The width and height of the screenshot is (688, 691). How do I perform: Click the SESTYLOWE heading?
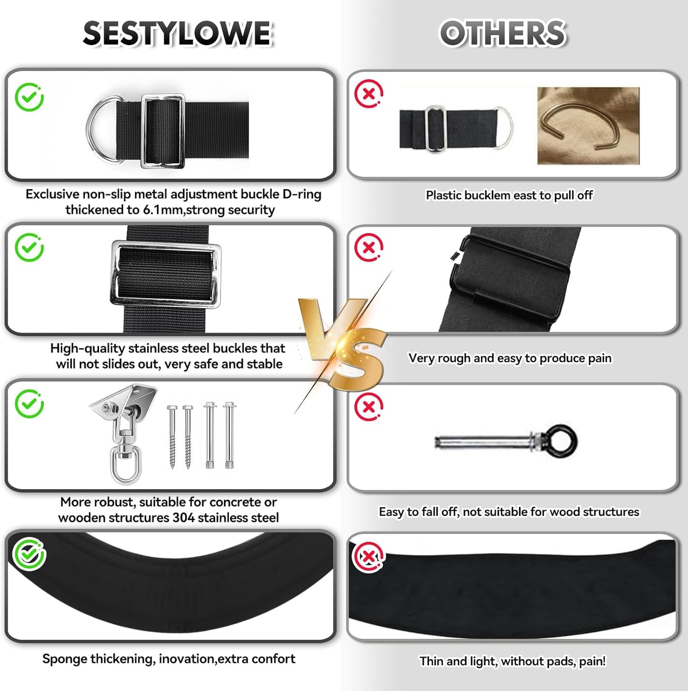(177, 34)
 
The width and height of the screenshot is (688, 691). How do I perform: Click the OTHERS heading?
(502, 34)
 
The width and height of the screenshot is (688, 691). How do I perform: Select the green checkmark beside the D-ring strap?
(30, 97)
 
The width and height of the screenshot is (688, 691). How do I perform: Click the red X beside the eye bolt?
(369, 407)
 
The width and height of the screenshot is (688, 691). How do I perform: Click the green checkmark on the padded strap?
(30, 553)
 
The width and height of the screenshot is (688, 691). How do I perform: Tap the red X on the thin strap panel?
(368, 556)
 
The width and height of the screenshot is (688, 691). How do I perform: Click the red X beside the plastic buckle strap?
(369, 94)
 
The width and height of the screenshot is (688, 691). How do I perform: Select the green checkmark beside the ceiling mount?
(30, 404)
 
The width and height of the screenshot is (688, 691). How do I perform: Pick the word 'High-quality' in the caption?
(88, 348)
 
